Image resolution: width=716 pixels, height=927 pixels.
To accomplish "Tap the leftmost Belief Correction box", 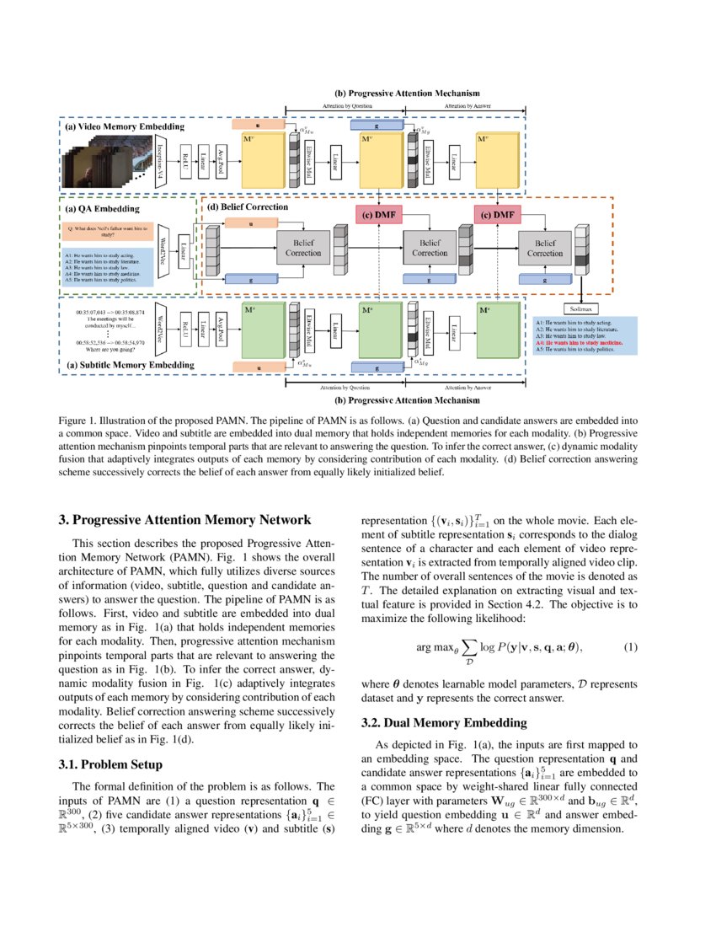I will [x=302, y=247].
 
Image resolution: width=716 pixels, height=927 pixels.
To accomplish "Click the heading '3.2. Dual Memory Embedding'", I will [x=444, y=722].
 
